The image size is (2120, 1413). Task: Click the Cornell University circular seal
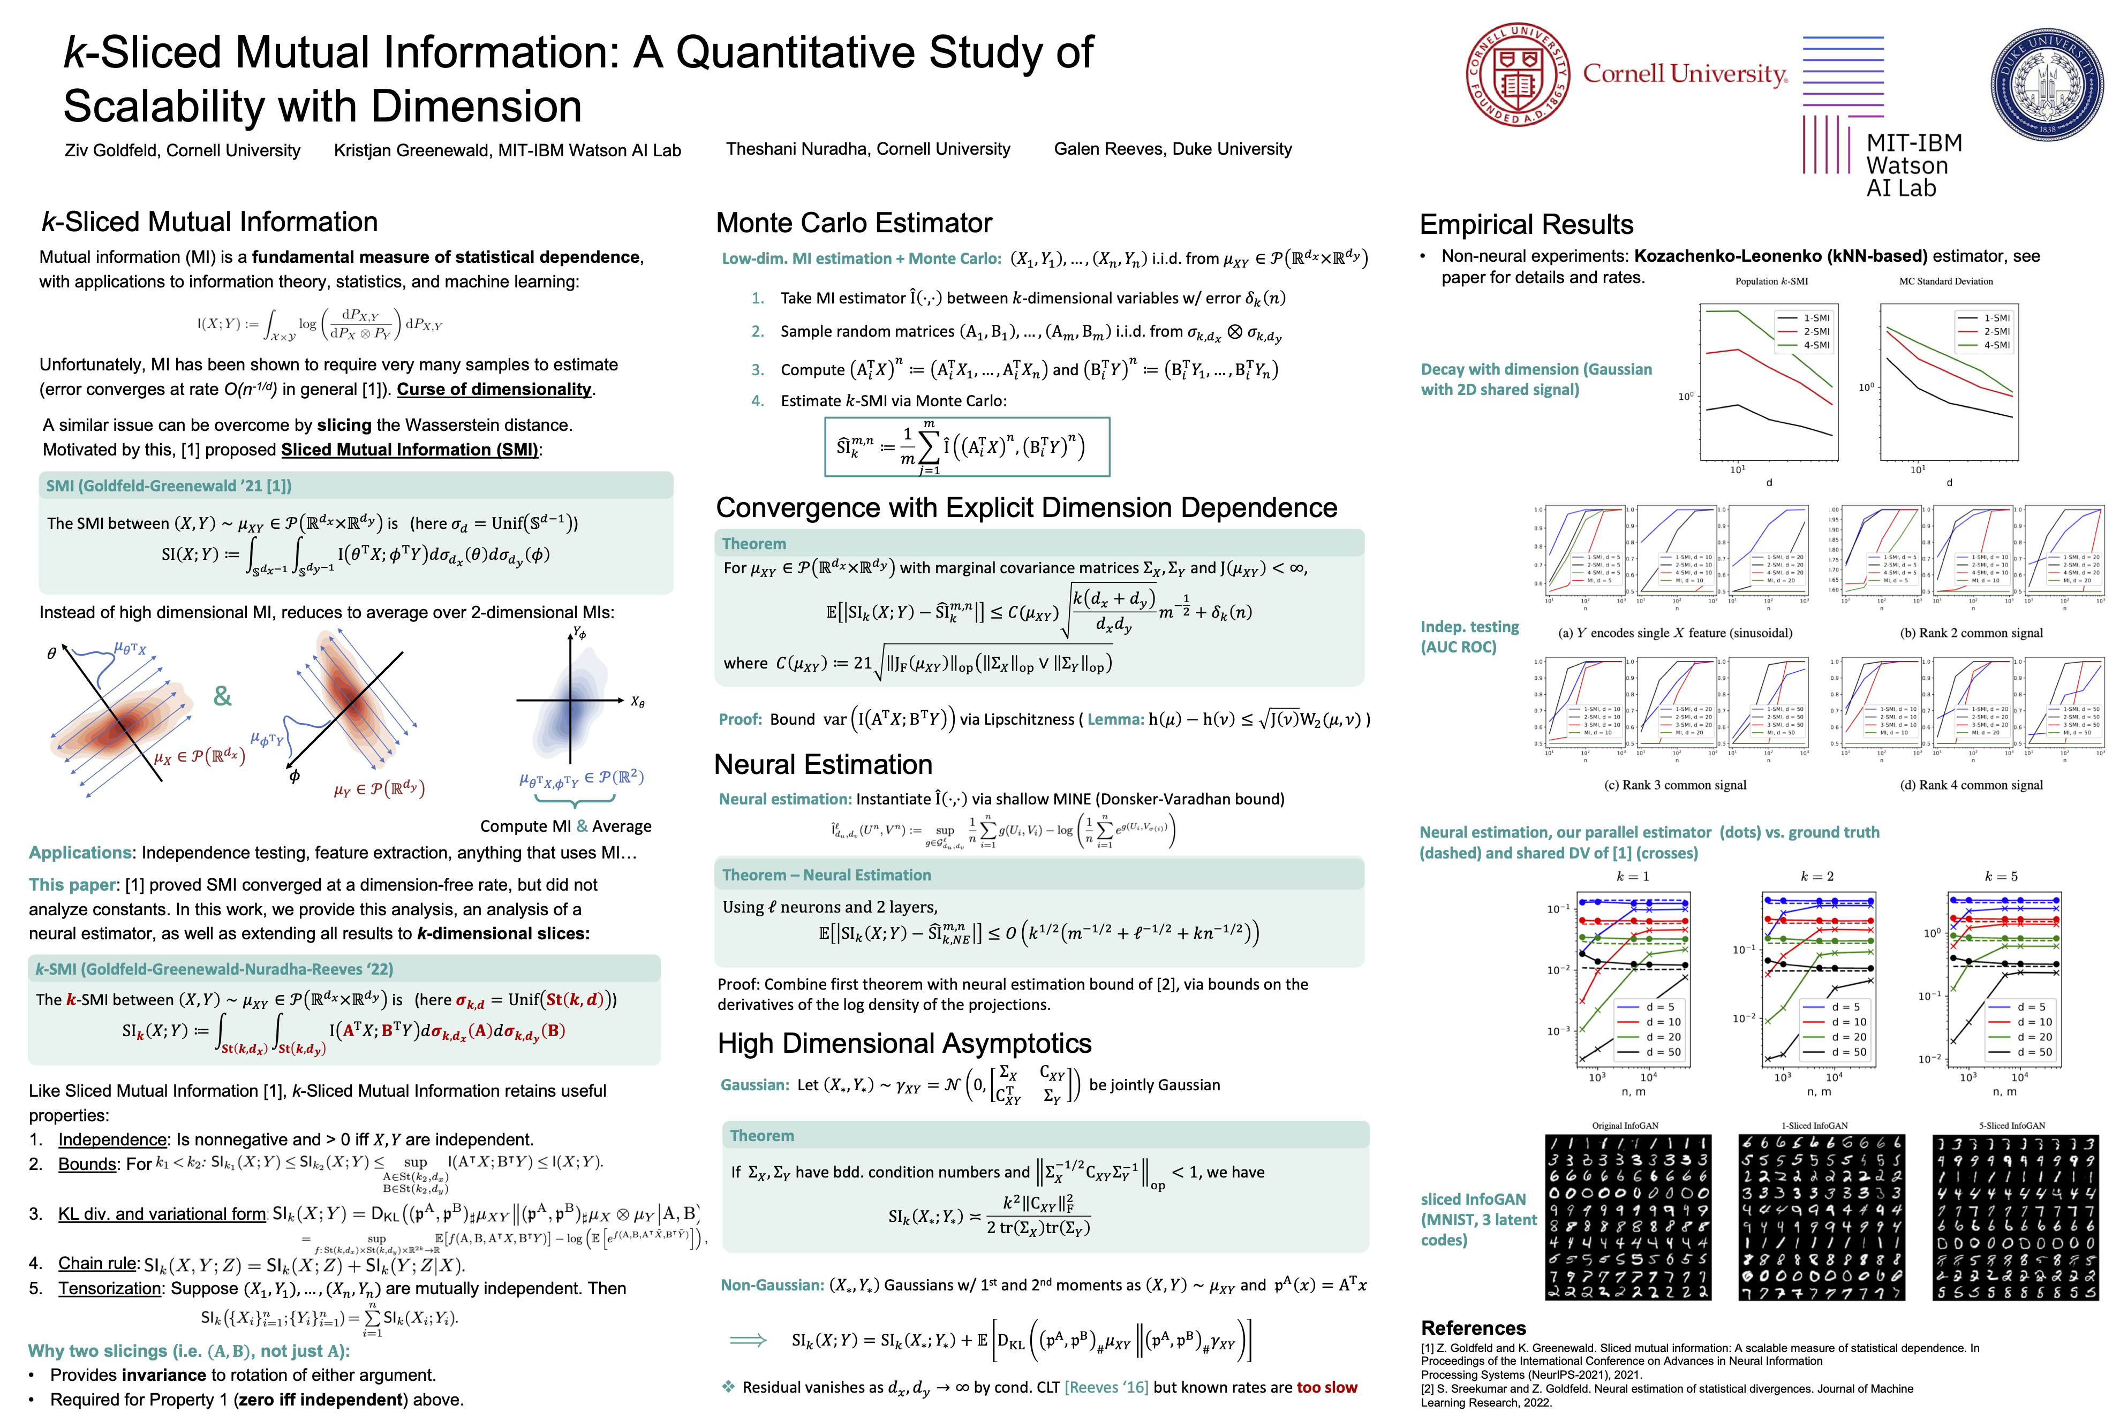tap(1518, 75)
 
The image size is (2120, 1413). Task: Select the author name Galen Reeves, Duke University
tap(1173, 149)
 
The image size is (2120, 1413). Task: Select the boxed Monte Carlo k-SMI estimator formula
tap(966, 446)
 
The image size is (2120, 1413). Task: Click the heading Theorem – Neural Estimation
tap(827, 875)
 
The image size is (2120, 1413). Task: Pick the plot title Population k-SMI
tap(1771, 281)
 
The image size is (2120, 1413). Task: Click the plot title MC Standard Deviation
tap(1946, 281)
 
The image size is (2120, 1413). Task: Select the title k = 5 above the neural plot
tap(2001, 876)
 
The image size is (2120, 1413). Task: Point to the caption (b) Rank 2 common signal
tap(1971, 633)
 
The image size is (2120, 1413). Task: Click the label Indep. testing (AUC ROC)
tap(1469, 636)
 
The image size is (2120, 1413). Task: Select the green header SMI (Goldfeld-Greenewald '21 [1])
tap(169, 486)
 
